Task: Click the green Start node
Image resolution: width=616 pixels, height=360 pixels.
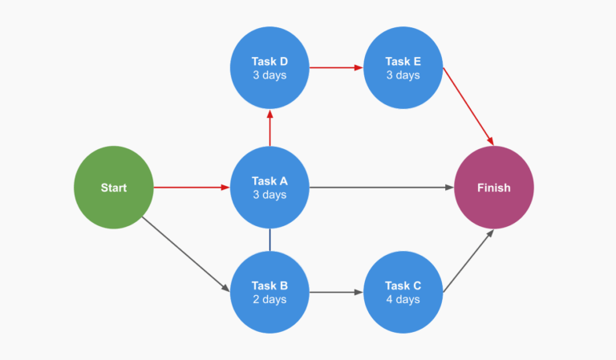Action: pos(113,188)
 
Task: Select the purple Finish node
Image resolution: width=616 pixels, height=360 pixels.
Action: pos(493,188)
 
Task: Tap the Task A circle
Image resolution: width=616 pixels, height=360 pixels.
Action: pos(269,188)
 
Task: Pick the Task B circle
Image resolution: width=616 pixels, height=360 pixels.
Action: pos(269,292)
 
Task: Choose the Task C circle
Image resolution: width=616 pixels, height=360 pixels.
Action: pos(403,292)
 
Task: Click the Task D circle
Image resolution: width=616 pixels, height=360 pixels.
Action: pos(269,68)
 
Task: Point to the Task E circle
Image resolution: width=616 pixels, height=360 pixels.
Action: pos(403,68)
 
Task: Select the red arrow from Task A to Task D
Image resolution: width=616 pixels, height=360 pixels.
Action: pos(269,127)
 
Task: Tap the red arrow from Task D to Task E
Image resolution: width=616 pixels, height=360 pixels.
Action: pos(336,68)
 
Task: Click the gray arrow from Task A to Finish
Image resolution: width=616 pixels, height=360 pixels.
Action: pos(381,188)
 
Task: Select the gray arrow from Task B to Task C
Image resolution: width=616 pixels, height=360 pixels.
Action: pos(336,292)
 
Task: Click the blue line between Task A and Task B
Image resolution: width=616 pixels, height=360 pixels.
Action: pos(269,240)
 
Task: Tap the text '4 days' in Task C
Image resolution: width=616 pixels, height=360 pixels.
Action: pos(403,300)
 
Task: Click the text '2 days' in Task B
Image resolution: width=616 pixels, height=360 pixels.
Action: pos(269,300)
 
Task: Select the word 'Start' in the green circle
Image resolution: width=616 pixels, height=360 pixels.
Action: pos(113,188)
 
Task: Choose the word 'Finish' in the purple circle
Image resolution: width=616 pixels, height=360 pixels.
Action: pos(493,188)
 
